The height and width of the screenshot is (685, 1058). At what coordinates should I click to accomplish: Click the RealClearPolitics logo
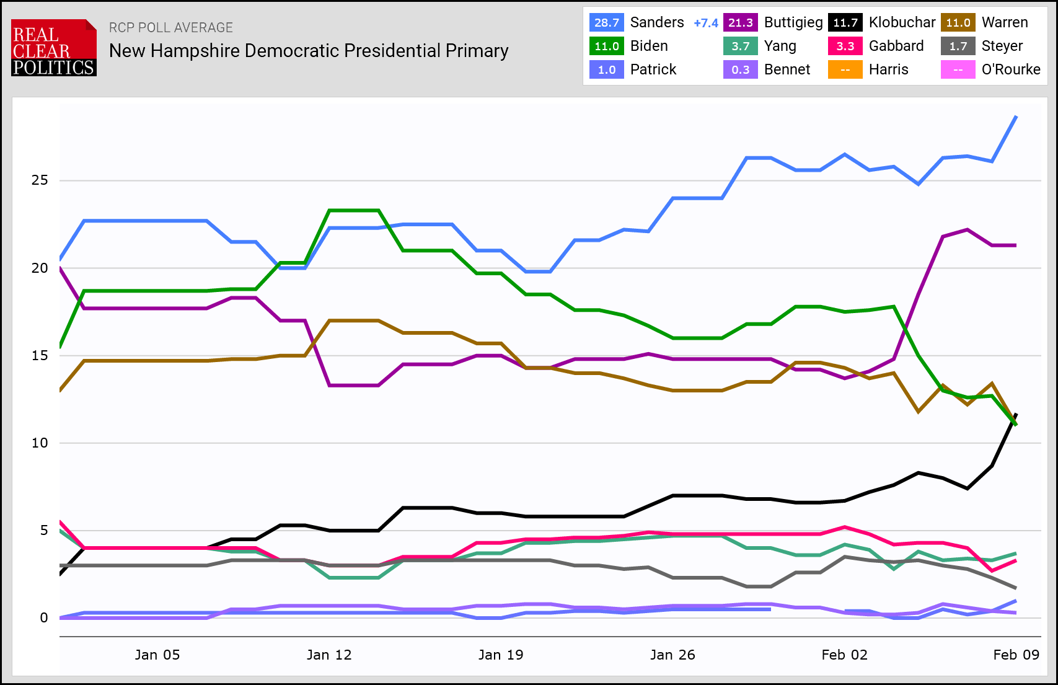(54, 48)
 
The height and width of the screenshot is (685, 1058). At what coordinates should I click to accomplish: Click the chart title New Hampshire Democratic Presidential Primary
(309, 51)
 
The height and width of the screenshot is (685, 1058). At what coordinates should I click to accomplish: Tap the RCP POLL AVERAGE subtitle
(171, 28)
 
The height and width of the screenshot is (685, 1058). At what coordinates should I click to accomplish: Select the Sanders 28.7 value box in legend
(606, 23)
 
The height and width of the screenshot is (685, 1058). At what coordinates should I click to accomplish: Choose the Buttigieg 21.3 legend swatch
(740, 23)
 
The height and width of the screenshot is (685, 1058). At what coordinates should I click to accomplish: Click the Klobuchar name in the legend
(902, 23)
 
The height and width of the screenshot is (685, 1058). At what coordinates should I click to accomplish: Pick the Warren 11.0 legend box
(958, 23)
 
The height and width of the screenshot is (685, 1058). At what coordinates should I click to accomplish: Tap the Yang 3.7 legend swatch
(740, 46)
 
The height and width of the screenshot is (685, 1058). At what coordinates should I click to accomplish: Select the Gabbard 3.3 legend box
(845, 46)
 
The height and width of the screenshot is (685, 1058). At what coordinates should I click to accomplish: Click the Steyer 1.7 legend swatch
(958, 46)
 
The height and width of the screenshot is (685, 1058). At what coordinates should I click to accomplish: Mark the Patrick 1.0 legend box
(606, 70)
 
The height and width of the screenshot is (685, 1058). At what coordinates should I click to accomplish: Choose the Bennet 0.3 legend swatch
(740, 70)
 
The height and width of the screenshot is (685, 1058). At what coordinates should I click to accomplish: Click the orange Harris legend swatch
(845, 70)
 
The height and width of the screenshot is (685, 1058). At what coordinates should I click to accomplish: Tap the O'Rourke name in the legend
(1010, 70)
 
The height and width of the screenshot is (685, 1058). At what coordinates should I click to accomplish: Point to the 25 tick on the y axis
(40, 180)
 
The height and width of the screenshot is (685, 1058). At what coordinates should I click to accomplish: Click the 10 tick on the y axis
(40, 443)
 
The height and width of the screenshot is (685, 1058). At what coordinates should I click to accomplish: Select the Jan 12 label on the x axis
(329, 655)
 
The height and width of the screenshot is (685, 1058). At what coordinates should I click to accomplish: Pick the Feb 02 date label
(844, 655)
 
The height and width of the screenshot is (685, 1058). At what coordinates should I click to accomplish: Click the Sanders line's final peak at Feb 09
(1016, 117)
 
